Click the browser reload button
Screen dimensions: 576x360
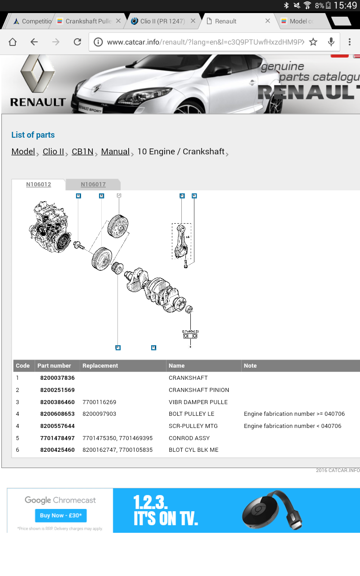tap(77, 42)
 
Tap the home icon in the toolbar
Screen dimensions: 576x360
tap(13, 42)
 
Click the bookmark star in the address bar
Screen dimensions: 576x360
tap(313, 42)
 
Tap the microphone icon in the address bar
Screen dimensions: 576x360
tap(331, 42)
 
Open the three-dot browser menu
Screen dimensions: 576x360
tap(350, 42)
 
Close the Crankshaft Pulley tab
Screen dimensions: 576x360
tap(118, 21)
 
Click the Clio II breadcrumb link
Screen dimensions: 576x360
tap(53, 152)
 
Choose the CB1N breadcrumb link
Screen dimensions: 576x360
tap(82, 152)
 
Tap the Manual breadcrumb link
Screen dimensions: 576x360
tap(115, 152)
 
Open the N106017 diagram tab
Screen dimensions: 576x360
tap(93, 184)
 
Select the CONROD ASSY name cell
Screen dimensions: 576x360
tap(189, 438)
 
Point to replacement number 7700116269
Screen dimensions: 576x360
tap(99, 402)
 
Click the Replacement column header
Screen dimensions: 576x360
tap(100, 366)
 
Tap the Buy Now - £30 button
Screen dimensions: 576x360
tap(61, 515)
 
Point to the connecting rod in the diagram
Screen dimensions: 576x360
tap(181, 241)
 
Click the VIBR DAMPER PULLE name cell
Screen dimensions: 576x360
tap(198, 402)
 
